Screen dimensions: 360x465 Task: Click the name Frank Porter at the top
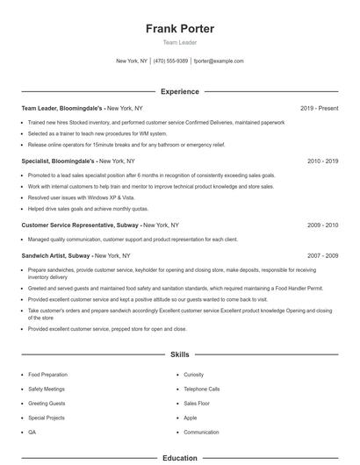pos(180,29)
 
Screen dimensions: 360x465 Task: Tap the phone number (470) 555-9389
pos(170,61)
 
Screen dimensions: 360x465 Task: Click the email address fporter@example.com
pos(219,61)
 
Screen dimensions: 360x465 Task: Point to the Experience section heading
pos(180,91)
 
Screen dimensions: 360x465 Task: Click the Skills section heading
pos(180,354)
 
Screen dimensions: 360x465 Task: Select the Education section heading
pos(180,458)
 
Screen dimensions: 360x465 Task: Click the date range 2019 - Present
pos(319,108)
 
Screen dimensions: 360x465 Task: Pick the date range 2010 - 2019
pos(322,161)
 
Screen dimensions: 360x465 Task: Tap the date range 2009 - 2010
pos(322,225)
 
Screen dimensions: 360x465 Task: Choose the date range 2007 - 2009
pos(322,255)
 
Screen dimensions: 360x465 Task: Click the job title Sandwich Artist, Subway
pos(56,255)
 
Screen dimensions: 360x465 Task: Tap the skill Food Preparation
pos(47,375)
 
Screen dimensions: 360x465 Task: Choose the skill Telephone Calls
pos(202,389)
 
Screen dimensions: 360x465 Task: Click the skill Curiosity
pos(194,375)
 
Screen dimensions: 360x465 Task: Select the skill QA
pos(32,433)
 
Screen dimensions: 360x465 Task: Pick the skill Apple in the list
pos(191,418)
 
